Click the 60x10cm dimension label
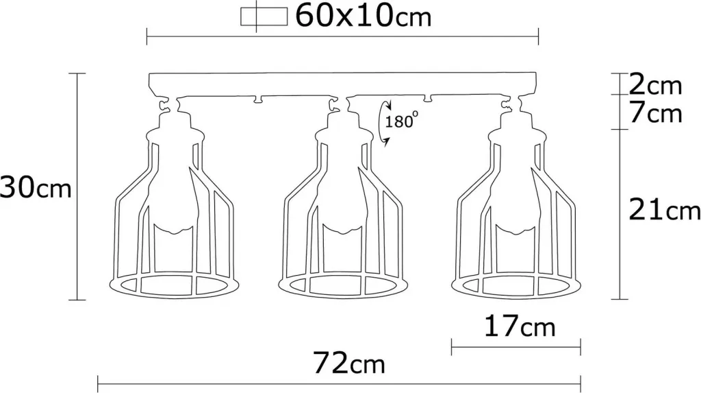[x=363, y=16]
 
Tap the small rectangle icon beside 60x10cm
[x=264, y=17]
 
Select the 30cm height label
[x=36, y=187]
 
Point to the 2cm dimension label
[x=655, y=84]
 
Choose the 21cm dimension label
[x=664, y=209]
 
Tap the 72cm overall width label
[x=348, y=363]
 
